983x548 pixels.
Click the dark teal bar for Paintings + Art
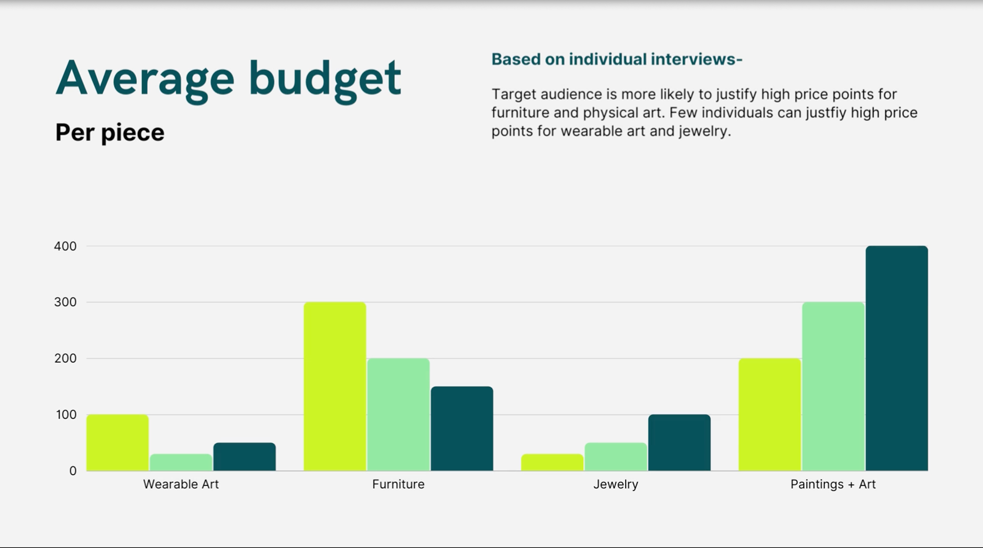896,358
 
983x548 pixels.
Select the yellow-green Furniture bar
335,386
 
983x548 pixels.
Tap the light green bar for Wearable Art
181,463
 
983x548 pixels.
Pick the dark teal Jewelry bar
679,443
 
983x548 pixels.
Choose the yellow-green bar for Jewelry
552,463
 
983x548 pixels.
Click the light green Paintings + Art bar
833,386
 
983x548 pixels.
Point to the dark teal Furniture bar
462,428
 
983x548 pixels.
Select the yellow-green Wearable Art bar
117,443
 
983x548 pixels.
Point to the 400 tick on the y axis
65,246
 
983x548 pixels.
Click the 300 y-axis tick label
65,302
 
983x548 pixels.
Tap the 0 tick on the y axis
73,471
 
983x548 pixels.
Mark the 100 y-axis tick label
66,414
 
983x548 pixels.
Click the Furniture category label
398,484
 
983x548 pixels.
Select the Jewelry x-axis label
615,484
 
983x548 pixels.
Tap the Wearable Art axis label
181,484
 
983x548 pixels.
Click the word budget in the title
325,79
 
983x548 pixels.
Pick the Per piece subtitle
110,133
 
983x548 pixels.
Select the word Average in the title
145,79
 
